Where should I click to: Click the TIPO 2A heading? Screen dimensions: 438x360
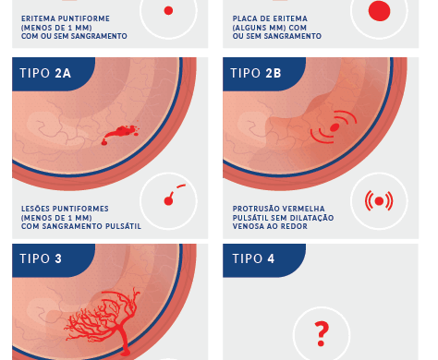click(45, 73)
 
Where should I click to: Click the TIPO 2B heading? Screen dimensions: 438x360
click(256, 73)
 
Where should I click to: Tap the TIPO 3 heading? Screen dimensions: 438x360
click(41, 258)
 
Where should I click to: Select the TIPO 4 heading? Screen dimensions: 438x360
click(253, 258)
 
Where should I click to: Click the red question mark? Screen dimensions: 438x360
click(322, 334)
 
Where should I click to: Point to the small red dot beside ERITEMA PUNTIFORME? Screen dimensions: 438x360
click(168, 11)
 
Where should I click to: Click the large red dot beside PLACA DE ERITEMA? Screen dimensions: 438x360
click(379, 11)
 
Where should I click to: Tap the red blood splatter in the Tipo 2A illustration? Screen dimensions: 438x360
click(120, 134)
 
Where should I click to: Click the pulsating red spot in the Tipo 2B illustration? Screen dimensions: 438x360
click(335, 127)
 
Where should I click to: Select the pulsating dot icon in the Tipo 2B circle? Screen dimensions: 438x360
click(379, 201)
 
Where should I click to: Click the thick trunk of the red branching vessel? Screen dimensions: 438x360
click(125, 339)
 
